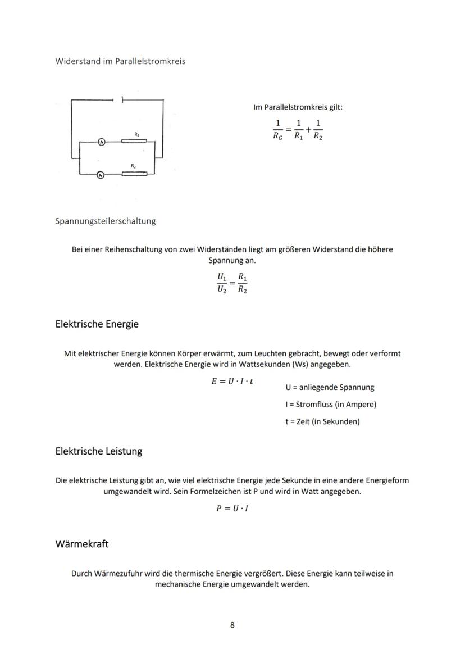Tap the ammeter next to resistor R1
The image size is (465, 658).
point(102,142)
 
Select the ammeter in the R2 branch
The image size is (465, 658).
point(101,175)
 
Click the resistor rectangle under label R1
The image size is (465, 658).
point(134,142)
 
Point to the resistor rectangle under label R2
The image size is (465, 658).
point(134,174)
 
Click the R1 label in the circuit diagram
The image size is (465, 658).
point(137,134)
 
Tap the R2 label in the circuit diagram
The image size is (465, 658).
point(133,166)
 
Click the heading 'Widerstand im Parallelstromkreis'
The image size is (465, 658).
point(120,61)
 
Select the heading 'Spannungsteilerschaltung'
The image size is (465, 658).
point(106,221)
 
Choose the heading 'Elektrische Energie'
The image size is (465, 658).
point(97,324)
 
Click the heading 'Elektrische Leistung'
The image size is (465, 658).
point(99,451)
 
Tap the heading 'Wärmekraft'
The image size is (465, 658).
point(82,544)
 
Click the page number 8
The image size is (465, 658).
point(233,625)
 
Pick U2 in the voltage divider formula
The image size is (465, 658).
point(222,290)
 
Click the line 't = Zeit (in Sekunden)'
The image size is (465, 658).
point(322,421)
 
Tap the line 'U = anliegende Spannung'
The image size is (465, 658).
point(330,387)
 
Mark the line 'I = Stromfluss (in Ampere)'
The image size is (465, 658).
point(331,405)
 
